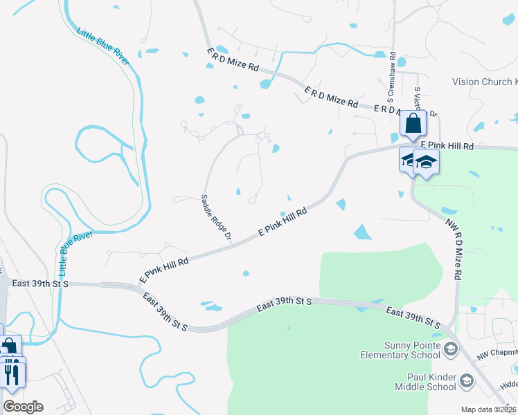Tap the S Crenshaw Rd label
coord(392,75)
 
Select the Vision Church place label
coord(484,82)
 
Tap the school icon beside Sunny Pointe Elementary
coord(451,349)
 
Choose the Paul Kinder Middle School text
coord(415,382)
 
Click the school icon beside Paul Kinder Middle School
coord(467,381)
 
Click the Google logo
coord(23,406)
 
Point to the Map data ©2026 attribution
coord(489,409)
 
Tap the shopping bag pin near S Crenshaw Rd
coord(413,124)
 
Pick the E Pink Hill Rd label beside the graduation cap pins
coord(447,147)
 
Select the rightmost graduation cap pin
coord(427,163)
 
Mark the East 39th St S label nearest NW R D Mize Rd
coord(413,317)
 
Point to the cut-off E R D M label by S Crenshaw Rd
coord(388,111)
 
